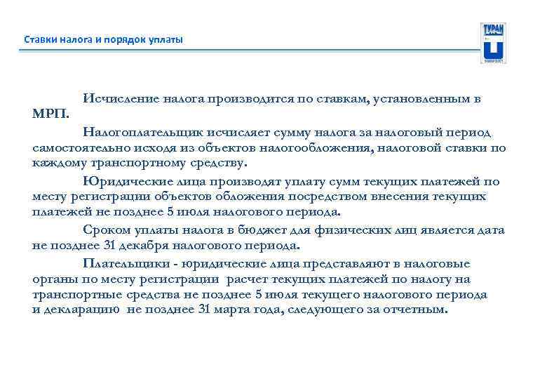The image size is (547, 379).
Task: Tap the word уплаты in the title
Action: click(166, 39)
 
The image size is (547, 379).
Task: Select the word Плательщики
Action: click(128, 263)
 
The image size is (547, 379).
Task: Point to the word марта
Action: click(242, 310)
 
